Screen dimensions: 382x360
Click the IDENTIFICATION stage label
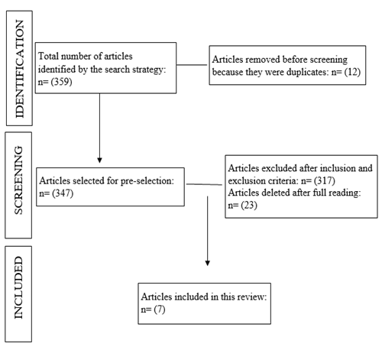[19, 69]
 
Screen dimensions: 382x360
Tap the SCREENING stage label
[18, 180]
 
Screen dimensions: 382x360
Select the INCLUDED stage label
[18, 287]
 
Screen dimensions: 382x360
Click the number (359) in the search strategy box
[61, 82]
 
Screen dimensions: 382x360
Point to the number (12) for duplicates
[352, 72]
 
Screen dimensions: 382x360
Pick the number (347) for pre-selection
[63, 193]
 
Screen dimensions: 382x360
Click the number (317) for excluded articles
[325, 180]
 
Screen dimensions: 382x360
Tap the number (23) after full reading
[249, 205]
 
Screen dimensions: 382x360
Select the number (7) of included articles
[160, 310]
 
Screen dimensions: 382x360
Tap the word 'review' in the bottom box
[253, 297]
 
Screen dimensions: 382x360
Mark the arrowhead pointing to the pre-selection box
[99, 160]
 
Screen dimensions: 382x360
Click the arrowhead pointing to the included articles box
[208, 263]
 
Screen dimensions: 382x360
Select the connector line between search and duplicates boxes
[192, 65]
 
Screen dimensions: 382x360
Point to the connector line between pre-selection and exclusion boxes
[204, 184]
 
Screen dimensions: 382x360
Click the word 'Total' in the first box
[48, 56]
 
